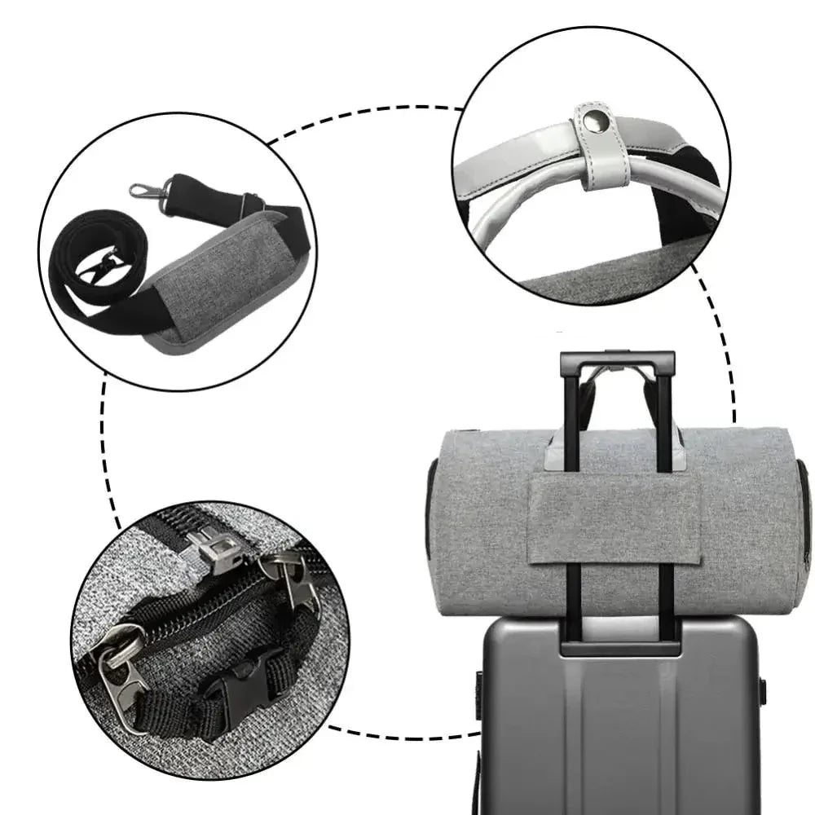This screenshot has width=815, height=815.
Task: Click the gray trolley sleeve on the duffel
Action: click(613, 520)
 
